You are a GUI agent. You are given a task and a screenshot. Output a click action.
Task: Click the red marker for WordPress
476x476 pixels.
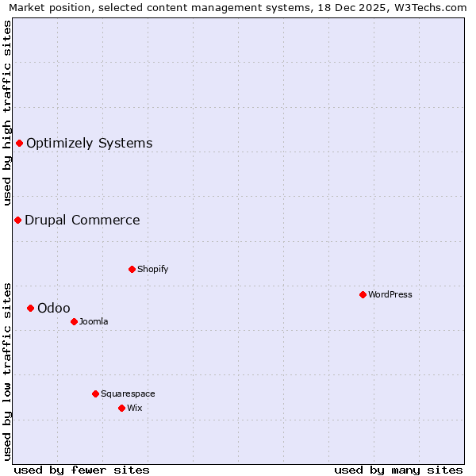tap(363, 294)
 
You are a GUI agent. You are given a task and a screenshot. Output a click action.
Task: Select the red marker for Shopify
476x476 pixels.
tap(132, 269)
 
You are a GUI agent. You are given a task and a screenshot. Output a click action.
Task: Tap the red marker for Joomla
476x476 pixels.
tap(74, 321)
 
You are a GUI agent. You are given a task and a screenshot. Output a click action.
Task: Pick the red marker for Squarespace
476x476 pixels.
tap(95, 393)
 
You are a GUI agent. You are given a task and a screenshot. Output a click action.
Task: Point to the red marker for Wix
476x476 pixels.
tap(121, 408)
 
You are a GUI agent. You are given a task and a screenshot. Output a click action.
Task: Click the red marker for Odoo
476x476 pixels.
tap(30, 308)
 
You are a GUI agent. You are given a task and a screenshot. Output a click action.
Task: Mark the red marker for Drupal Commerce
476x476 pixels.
tap(17, 220)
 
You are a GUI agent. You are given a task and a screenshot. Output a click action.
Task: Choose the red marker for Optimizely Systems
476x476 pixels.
tap(19, 143)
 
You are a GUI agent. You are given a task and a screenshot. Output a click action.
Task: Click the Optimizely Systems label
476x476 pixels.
tap(89, 144)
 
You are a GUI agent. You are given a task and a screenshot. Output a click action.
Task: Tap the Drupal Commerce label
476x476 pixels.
tap(82, 221)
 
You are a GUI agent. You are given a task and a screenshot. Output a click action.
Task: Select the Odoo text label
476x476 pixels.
tap(54, 309)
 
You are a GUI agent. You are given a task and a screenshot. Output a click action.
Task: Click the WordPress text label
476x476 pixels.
tap(390, 295)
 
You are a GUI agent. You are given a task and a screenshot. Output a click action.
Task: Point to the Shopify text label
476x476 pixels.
tap(153, 270)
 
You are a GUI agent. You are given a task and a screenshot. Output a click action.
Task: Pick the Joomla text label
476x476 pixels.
tap(94, 322)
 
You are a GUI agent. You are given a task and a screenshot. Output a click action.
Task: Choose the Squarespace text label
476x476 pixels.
tap(128, 394)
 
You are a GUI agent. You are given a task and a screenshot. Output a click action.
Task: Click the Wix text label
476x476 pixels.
tap(134, 409)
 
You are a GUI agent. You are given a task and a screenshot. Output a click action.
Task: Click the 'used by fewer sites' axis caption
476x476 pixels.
tap(82, 470)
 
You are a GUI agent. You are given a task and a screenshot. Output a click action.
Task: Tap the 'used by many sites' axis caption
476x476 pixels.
tap(398, 470)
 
